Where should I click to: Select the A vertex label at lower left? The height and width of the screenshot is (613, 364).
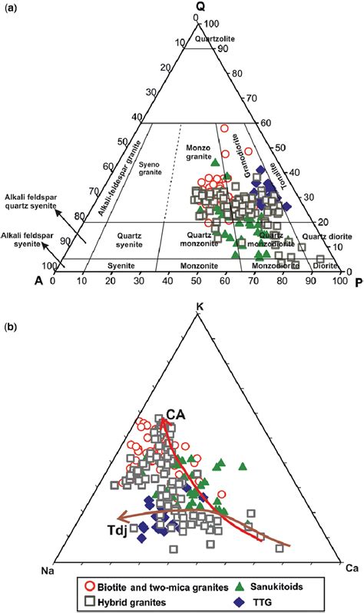pyautogui.click(x=38, y=281)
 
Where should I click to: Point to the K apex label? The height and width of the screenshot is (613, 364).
pyautogui.click(x=200, y=306)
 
